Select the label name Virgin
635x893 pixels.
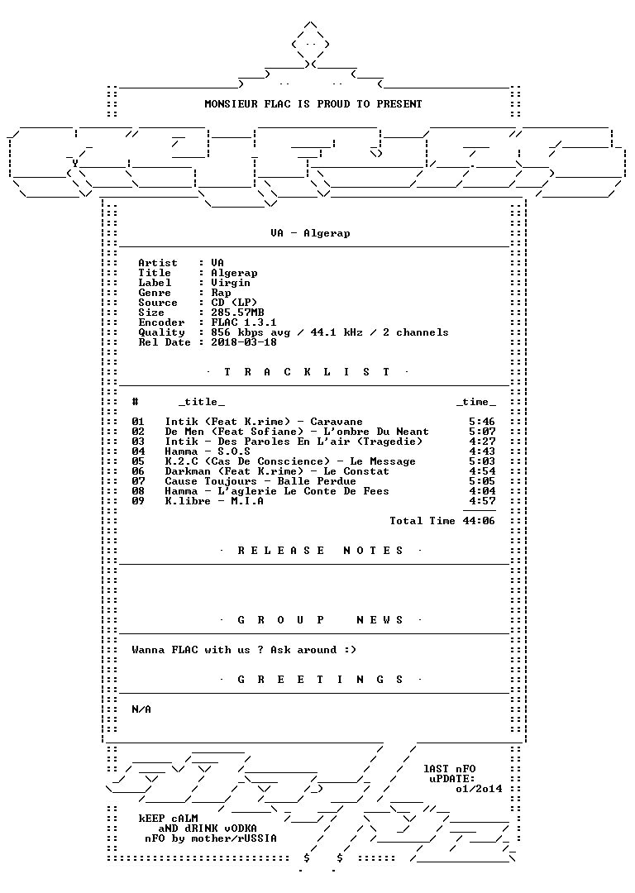(x=231, y=283)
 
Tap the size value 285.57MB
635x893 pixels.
(x=237, y=313)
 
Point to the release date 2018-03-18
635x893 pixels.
(x=244, y=342)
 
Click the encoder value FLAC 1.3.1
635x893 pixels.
(x=244, y=322)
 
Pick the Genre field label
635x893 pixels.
(x=155, y=293)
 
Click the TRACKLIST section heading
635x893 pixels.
(x=308, y=372)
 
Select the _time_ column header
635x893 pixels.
(x=476, y=402)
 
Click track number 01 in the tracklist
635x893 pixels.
(x=138, y=422)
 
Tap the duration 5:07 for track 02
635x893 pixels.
(x=482, y=432)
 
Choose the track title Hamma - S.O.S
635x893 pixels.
(x=208, y=451)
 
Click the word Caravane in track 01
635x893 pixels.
(x=336, y=422)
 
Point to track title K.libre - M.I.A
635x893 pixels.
(x=214, y=501)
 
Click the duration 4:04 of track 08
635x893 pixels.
(x=482, y=491)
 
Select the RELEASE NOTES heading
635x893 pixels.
(x=320, y=551)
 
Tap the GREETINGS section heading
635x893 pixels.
(x=320, y=680)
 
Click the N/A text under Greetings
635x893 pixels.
(x=141, y=709)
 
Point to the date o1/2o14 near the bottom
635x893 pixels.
(x=479, y=789)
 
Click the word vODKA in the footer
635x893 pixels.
(x=241, y=829)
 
